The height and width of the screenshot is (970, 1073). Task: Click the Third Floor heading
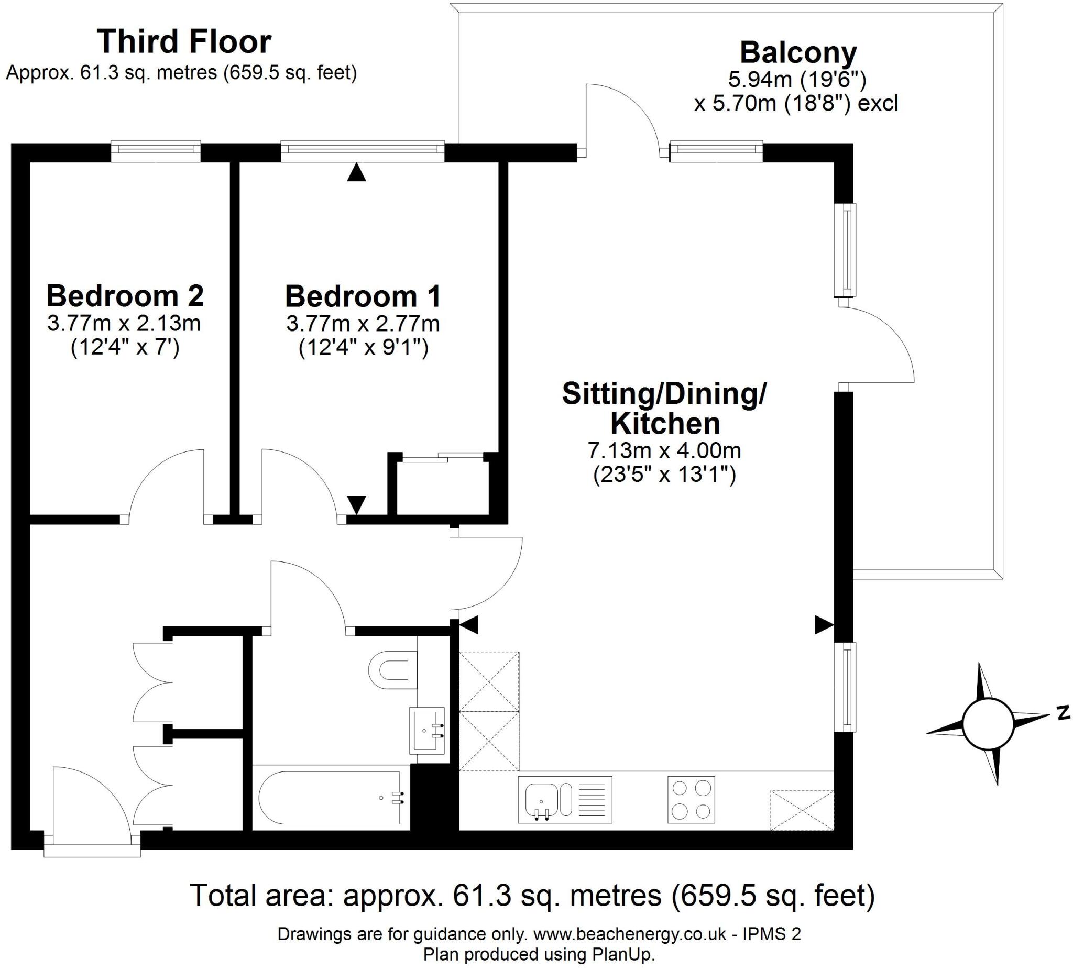point(183,42)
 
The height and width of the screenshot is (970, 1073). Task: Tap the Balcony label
point(798,53)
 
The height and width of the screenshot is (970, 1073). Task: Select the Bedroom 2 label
point(125,296)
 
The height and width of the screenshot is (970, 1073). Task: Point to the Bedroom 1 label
point(363,296)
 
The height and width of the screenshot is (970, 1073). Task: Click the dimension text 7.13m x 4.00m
point(664,450)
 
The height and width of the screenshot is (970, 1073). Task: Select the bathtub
point(330,798)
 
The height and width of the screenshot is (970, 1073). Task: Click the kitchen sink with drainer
point(564,799)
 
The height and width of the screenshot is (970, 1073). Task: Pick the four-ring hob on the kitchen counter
point(691,799)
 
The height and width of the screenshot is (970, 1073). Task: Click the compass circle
point(988,724)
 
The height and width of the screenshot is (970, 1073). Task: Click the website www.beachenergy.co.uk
point(630,934)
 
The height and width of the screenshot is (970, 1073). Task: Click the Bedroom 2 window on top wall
point(156,151)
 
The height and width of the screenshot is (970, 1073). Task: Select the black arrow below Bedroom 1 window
point(357,173)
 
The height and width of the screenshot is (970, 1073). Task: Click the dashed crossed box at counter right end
point(802,810)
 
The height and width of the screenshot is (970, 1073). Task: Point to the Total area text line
point(532,895)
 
